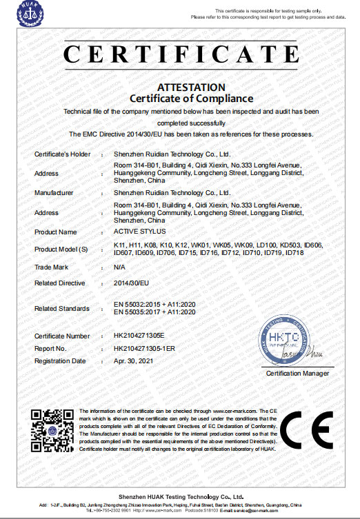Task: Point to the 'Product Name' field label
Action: (x=56, y=232)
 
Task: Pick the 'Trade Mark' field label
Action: (x=52, y=266)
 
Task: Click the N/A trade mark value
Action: (x=119, y=266)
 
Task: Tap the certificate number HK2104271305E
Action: (x=140, y=336)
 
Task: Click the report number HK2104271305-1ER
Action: (x=145, y=348)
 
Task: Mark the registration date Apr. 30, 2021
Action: (x=133, y=360)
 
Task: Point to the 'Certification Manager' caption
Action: (x=297, y=374)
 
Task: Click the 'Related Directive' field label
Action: (x=60, y=283)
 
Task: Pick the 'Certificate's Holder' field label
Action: (x=63, y=154)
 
